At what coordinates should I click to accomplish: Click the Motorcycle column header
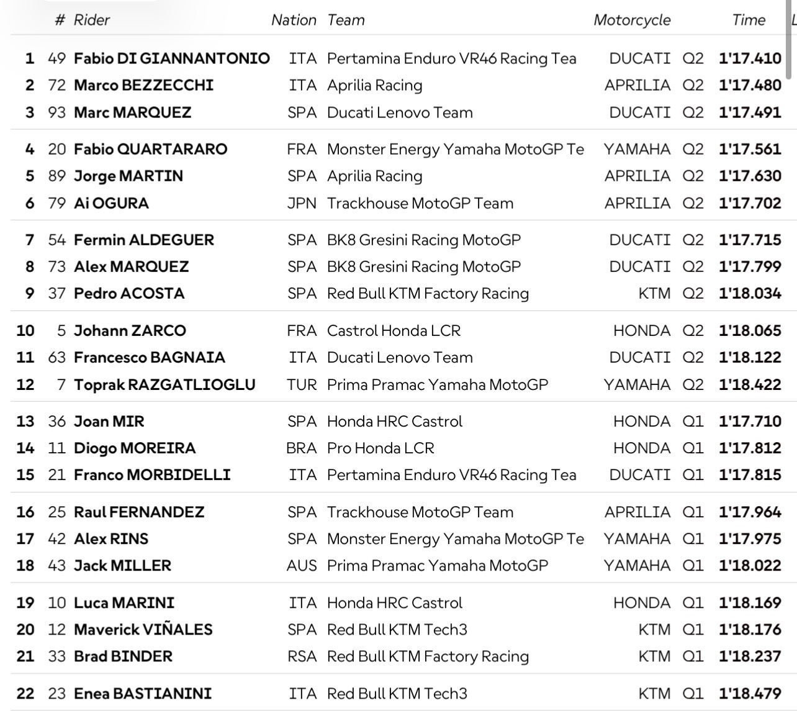point(632,20)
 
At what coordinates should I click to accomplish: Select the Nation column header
point(294,20)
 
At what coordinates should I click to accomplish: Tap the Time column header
point(749,20)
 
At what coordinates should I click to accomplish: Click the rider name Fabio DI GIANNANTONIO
point(172,58)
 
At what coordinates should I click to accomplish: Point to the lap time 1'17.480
point(750,85)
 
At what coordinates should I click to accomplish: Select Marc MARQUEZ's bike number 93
point(56,112)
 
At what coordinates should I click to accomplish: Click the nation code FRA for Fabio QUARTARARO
point(302,149)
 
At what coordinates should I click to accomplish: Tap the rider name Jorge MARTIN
point(128,176)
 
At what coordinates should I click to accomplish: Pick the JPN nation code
point(302,203)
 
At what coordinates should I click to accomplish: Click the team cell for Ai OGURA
point(420,203)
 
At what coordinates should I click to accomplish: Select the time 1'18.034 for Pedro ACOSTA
point(750,293)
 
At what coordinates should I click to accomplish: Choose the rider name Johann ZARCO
point(130,330)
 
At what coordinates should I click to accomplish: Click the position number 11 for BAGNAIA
point(25,357)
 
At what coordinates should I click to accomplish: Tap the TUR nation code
point(302,384)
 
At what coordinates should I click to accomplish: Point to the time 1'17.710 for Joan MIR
point(750,421)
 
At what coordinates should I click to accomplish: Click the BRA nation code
point(302,448)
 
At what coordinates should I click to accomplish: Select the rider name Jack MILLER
point(122,565)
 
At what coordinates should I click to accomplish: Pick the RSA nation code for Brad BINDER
point(302,656)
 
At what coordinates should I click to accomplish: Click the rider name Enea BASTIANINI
point(143,693)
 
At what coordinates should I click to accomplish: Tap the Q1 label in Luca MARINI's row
point(693,602)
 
